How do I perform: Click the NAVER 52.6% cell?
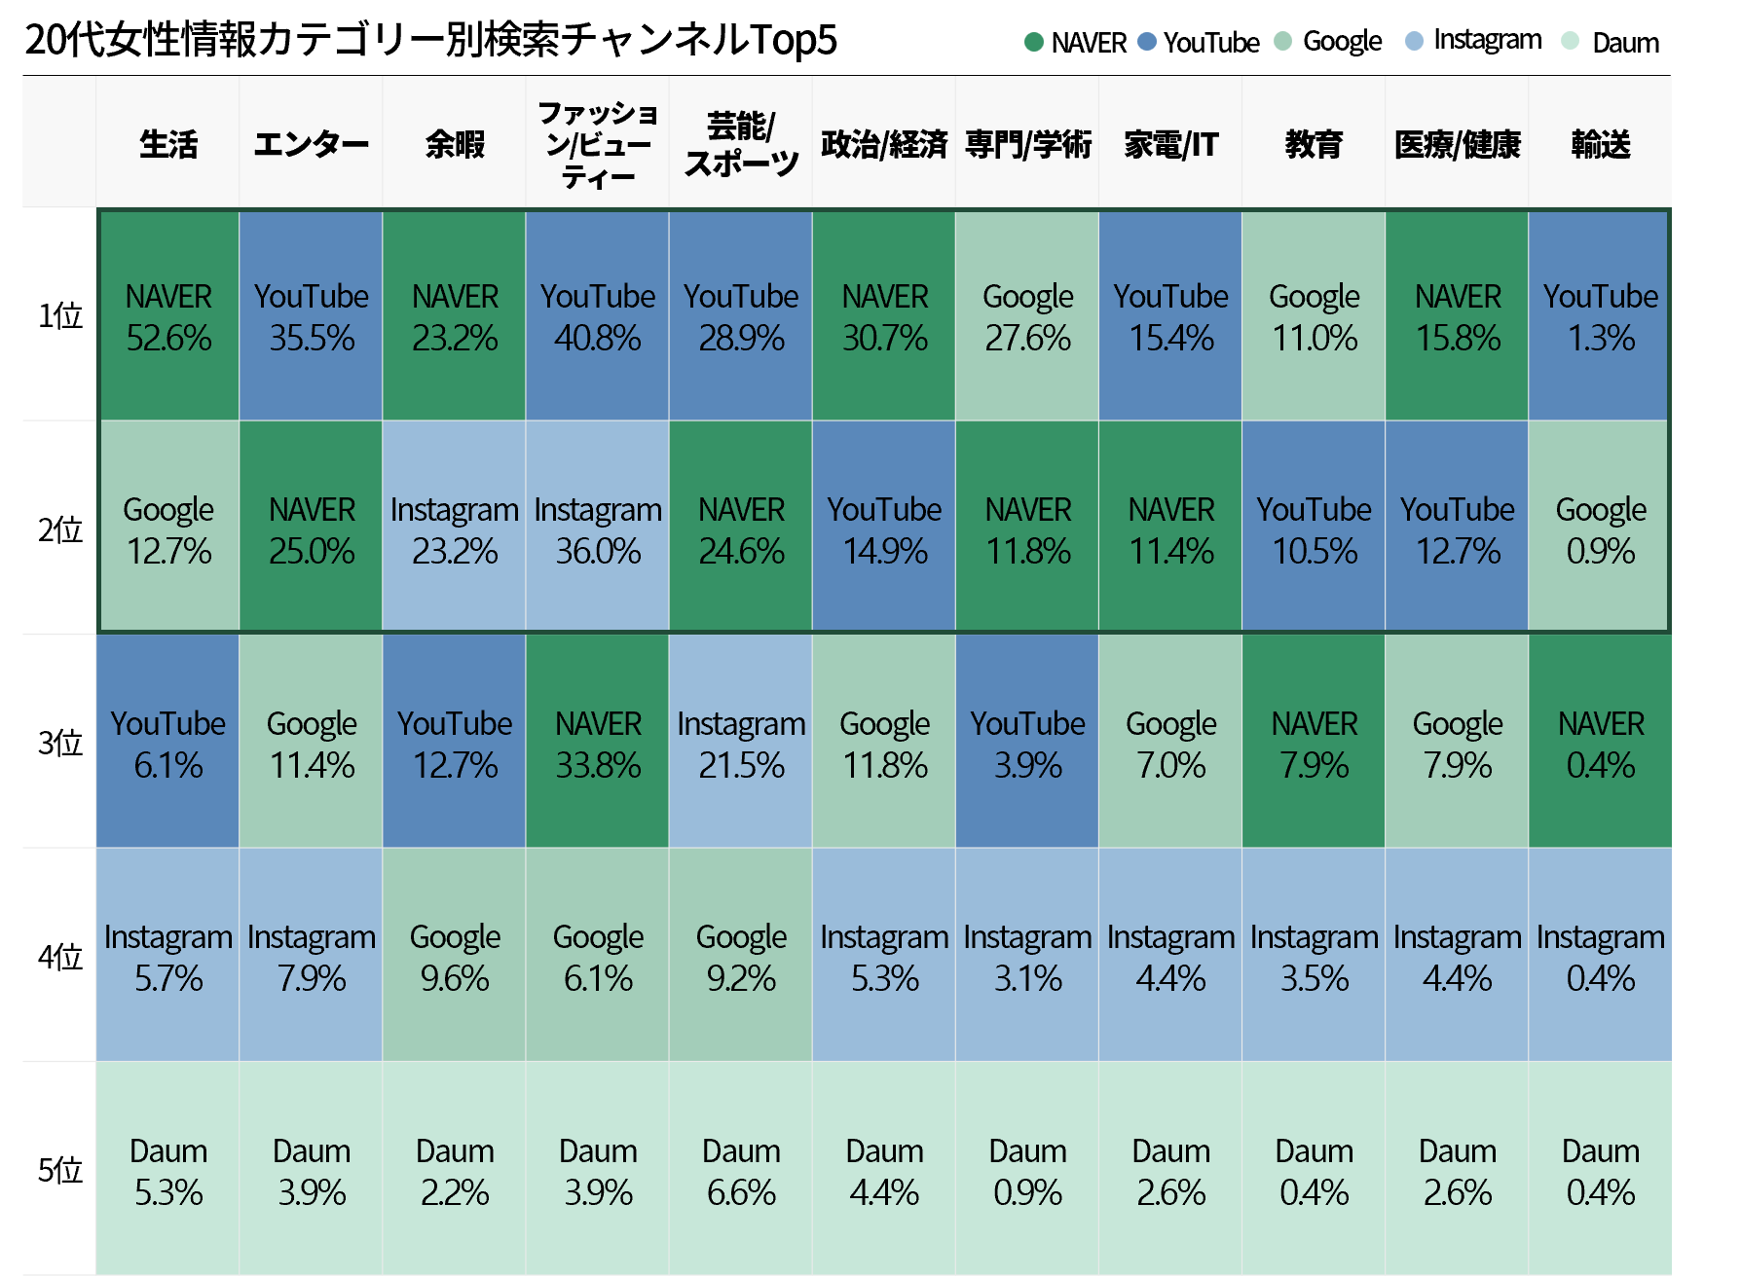point(168,316)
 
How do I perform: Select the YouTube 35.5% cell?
point(312,316)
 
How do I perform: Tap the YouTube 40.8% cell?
point(598,316)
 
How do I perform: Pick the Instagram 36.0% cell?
point(598,529)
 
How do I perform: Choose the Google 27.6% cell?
point(1027,316)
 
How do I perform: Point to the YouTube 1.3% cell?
point(1600,316)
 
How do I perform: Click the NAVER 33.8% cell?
point(598,744)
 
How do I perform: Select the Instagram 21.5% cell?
point(741,744)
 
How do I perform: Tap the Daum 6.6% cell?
point(741,1171)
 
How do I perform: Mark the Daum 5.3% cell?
point(168,1171)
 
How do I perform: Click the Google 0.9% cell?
point(1600,529)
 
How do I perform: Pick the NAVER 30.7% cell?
point(884,316)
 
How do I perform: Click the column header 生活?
point(168,144)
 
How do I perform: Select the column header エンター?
point(312,144)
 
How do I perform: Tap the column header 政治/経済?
point(884,144)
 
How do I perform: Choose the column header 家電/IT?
point(1170,144)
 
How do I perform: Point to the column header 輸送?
point(1600,144)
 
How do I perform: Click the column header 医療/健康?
point(1457,144)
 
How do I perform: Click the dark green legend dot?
point(1034,42)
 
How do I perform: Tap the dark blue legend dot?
point(1147,42)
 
